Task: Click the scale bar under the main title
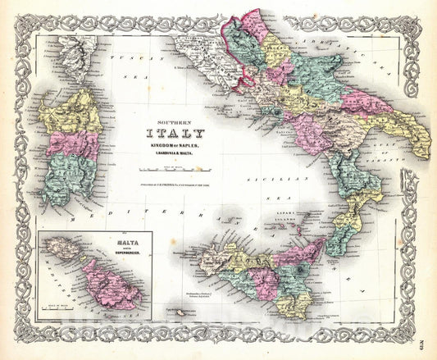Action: point(173,167)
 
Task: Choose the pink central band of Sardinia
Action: point(72,144)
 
